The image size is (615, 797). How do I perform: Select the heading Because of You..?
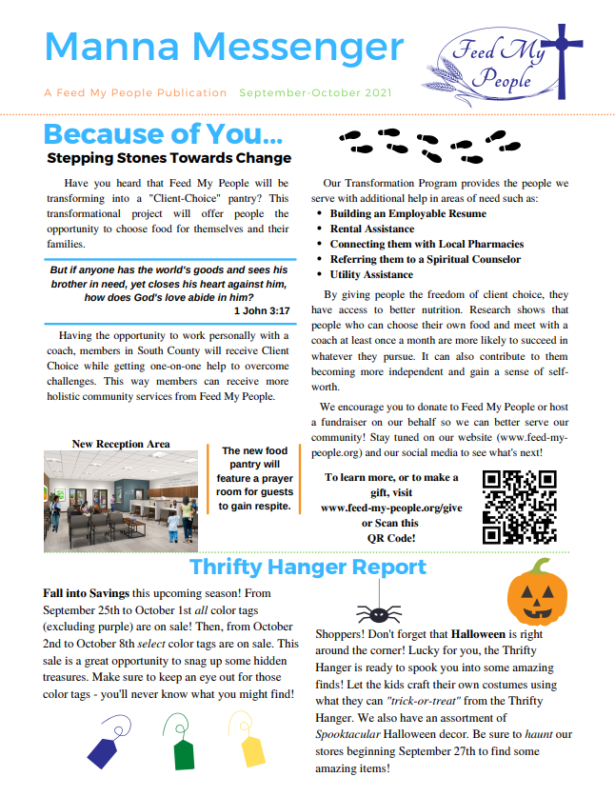(163, 134)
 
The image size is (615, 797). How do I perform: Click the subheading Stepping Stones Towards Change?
(169, 158)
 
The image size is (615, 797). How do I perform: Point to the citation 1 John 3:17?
(261, 310)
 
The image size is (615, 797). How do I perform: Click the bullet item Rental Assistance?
(371, 229)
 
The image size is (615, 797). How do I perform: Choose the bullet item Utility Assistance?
(371, 274)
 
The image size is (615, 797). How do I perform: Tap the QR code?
(519, 506)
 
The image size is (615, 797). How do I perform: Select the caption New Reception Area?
(121, 444)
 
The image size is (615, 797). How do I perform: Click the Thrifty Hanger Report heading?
(307, 568)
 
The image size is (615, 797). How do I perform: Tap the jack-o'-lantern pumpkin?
(537, 592)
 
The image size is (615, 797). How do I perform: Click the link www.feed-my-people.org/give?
(391, 508)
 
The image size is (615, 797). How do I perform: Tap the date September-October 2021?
(315, 93)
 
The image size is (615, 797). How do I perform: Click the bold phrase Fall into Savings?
(87, 592)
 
